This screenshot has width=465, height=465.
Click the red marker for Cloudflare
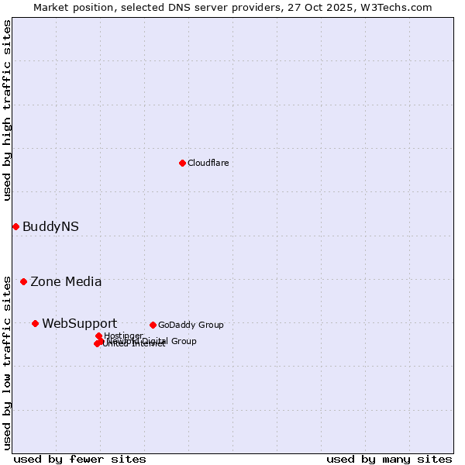(x=182, y=163)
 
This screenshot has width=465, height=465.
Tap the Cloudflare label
(x=208, y=163)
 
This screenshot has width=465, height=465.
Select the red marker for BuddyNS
(x=15, y=226)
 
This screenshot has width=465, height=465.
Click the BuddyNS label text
(x=50, y=226)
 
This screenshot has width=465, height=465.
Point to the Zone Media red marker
(x=23, y=281)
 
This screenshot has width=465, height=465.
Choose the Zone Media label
(x=66, y=281)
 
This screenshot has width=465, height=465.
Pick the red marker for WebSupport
(x=35, y=323)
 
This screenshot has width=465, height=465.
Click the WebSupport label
(x=79, y=323)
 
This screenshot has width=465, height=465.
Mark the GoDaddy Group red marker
(x=153, y=325)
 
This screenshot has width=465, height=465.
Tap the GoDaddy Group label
(x=191, y=325)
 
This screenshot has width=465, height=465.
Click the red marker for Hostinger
(x=98, y=336)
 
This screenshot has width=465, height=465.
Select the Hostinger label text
(x=123, y=336)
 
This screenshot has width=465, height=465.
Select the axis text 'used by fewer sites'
(x=80, y=459)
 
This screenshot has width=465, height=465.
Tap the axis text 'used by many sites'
(x=389, y=459)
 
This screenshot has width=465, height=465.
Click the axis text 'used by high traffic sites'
(x=7, y=110)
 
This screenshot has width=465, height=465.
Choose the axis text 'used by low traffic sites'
(x=7, y=362)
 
